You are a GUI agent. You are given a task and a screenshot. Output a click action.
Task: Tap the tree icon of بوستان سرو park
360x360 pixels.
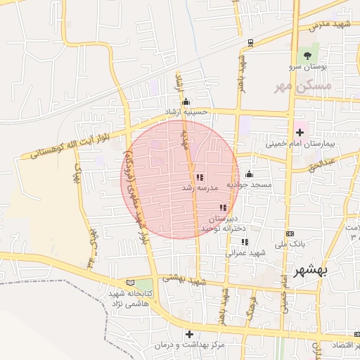tap(307, 56)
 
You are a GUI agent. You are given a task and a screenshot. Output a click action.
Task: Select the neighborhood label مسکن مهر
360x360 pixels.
tap(304, 86)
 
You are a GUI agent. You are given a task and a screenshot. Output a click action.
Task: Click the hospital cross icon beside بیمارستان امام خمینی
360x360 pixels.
tap(300, 131)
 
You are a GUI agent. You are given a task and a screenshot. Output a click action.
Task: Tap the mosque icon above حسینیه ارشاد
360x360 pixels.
tap(186, 101)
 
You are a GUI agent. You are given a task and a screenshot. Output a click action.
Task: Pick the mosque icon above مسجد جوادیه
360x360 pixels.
tap(248, 174)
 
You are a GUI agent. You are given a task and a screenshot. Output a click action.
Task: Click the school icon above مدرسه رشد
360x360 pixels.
tap(200, 177)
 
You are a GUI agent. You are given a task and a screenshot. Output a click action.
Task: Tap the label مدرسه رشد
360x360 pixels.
tap(196, 188)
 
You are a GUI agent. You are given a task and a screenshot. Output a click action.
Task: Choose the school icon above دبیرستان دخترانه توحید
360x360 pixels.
tap(224, 208)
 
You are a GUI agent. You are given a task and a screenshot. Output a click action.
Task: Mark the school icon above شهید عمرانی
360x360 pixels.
tap(245, 242)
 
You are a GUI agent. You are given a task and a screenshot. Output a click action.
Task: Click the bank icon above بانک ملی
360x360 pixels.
tap(290, 233)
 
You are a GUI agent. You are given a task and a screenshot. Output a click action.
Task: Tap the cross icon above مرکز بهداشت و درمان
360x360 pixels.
tap(188, 333)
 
